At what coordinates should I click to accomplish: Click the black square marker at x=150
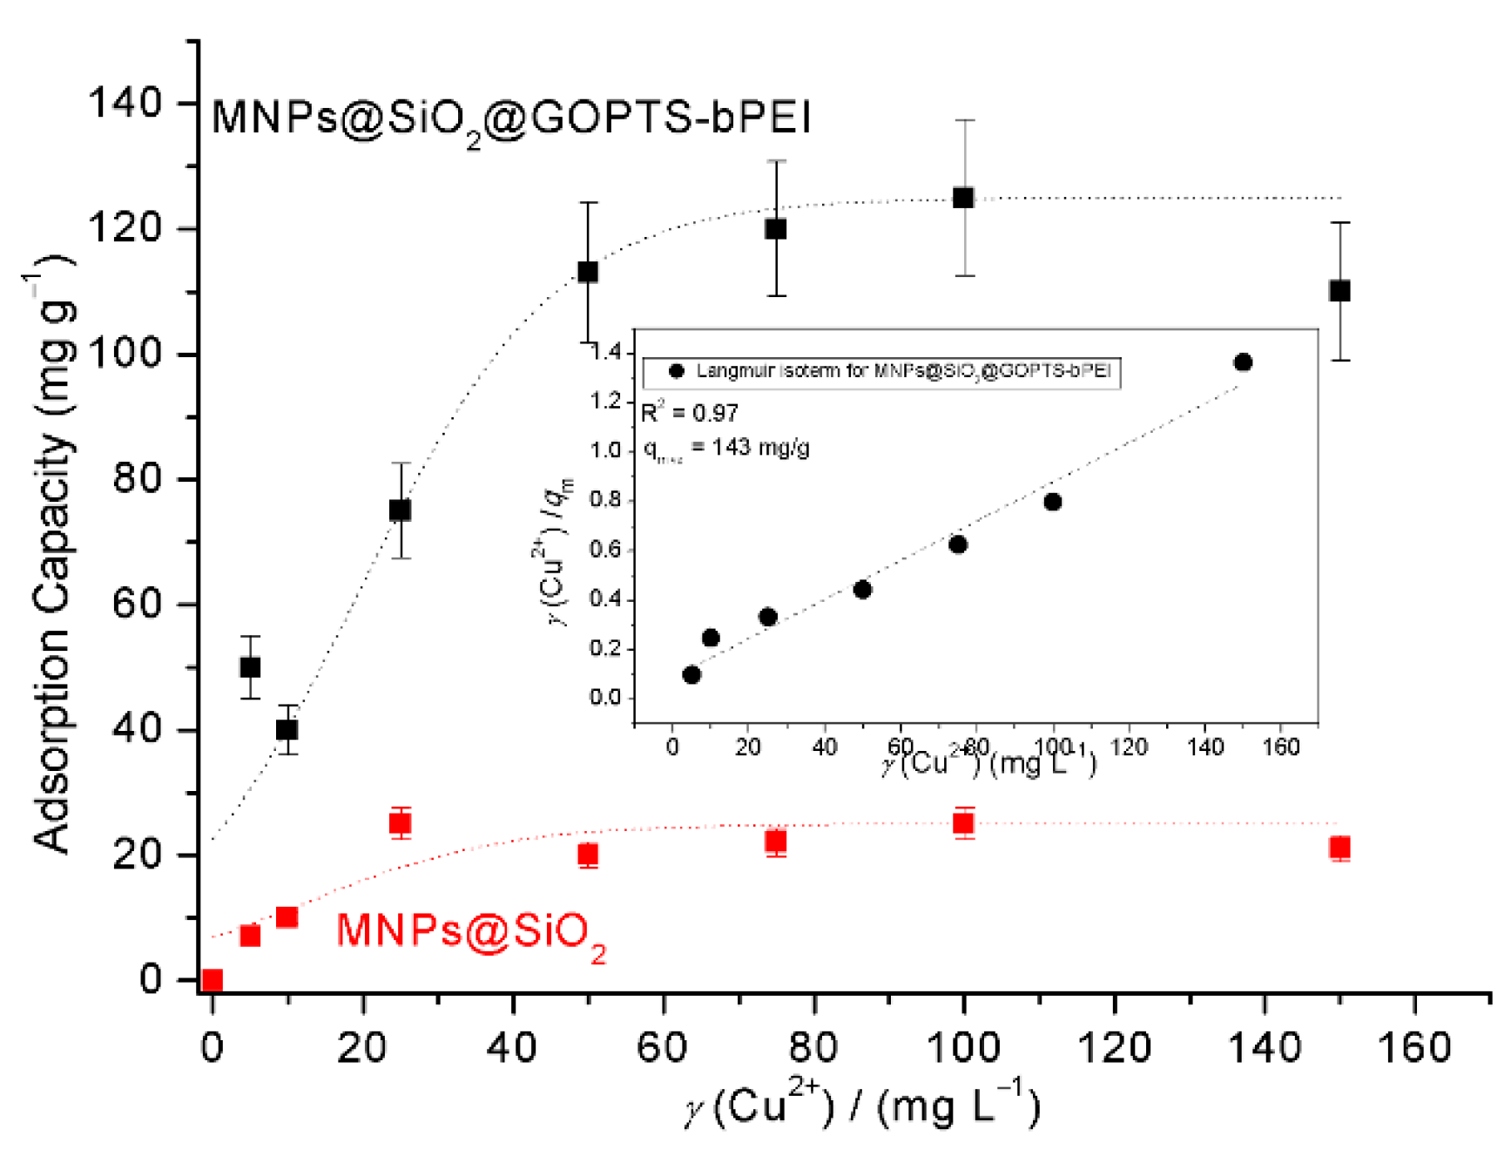coord(1339,291)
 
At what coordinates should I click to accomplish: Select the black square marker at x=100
coord(963,198)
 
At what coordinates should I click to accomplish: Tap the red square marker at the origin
coord(212,980)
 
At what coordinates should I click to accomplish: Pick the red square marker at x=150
coord(1339,848)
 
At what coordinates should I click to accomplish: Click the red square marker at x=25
coord(400,822)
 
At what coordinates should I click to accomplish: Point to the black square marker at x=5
coord(250,667)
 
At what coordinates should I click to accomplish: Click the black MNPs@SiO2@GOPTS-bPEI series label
coord(511,118)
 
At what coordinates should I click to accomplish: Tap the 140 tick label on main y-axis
coord(125,103)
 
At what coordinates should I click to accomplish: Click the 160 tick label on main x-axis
coord(1413,1046)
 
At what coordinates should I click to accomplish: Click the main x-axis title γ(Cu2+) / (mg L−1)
coord(862,1106)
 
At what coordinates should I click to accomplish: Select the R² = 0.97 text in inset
coord(690,412)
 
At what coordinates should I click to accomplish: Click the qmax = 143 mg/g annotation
coord(726,449)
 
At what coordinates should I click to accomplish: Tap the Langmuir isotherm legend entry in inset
coord(881,371)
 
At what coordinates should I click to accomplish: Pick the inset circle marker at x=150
coord(1243,362)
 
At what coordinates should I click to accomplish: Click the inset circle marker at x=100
coord(1052,502)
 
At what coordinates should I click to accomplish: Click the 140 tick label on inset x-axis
coord(1205,747)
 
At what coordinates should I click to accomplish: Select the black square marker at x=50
coord(588,272)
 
